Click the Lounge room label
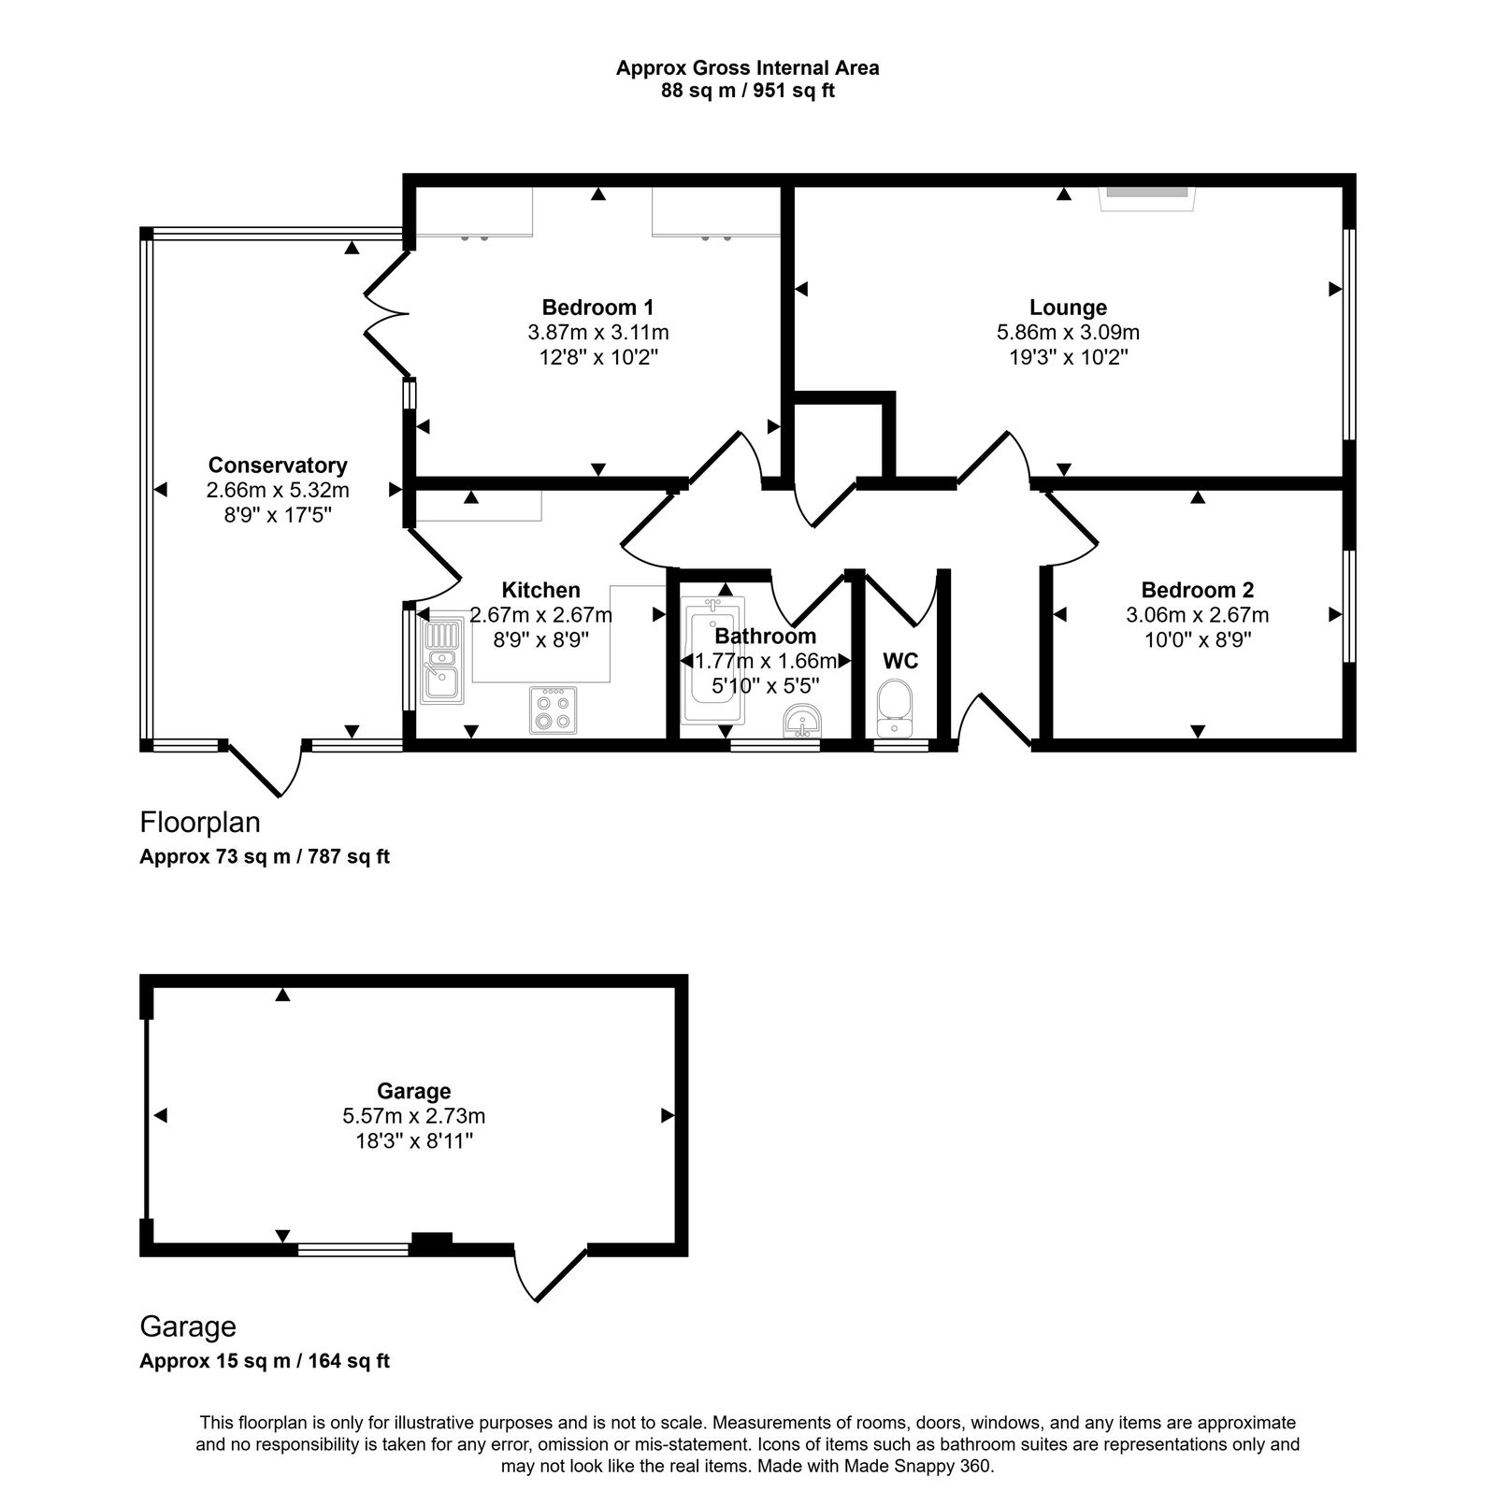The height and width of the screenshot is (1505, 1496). (x=1068, y=308)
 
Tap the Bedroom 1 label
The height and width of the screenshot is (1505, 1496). (x=597, y=308)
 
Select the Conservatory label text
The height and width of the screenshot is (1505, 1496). (x=278, y=466)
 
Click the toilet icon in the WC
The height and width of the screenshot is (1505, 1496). (x=896, y=709)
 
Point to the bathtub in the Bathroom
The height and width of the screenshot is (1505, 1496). (x=712, y=659)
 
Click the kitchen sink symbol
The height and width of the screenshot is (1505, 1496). (x=441, y=661)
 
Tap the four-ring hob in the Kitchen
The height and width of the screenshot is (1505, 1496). (x=553, y=710)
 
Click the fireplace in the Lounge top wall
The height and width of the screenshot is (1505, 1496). (x=1148, y=193)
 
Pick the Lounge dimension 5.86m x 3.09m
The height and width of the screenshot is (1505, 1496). (x=1068, y=333)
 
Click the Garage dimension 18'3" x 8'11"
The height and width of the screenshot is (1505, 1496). (x=413, y=1140)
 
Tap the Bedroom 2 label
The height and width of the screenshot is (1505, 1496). (x=1197, y=590)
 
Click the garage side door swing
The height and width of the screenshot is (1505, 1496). (x=550, y=1273)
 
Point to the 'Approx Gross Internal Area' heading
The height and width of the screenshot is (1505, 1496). (x=747, y=67)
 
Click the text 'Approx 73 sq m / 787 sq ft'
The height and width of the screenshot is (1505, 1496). (x=265, y=856)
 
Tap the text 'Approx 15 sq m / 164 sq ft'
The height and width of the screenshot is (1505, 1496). (x=265, y=1361)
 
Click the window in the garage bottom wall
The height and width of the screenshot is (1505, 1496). (x=353, y=1248)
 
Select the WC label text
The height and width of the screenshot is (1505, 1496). (x=900, y=661)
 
